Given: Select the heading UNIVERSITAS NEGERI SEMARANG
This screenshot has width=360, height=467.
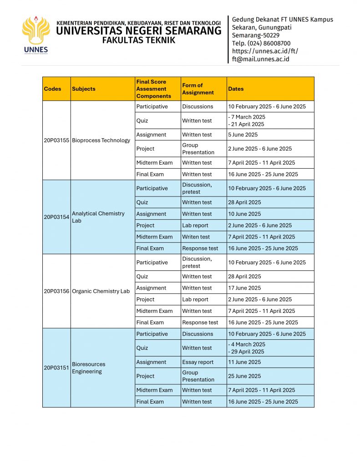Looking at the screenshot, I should (139, 31).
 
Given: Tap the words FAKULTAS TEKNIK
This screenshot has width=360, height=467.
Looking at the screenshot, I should (138, 40).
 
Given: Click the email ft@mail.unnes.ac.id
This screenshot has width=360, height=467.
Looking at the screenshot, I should (260, 59).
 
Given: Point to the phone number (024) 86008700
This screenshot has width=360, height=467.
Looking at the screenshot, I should (261, 43).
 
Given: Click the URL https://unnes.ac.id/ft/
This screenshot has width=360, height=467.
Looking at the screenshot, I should (265, 51).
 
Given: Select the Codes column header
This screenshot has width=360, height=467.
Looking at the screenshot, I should (52, 89).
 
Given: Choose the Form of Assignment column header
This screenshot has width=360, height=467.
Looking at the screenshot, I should (198, 89).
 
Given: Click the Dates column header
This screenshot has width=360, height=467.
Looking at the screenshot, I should (236, 89).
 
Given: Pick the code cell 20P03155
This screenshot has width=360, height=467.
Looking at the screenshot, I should (56, 140).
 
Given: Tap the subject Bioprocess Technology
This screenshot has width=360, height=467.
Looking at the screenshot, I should (101, 140).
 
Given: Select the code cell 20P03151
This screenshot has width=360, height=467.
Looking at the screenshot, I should (56, 368).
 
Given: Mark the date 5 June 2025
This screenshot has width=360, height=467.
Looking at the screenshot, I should (243, 135).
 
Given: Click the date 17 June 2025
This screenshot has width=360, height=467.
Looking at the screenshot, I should (244, 288).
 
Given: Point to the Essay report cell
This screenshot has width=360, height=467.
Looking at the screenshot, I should (198, 362).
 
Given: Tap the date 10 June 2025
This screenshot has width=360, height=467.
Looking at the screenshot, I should (244, 214).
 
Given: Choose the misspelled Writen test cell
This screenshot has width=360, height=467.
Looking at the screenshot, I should (195, 237).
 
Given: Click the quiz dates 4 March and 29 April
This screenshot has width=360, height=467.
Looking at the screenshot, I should (246, 348).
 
